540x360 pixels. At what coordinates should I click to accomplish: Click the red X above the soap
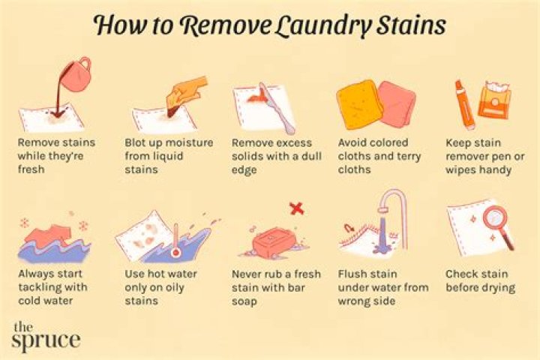tap(296, 208)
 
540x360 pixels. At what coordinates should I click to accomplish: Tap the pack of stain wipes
tap(493, 100)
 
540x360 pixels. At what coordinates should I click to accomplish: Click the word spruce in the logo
tap(46, 340)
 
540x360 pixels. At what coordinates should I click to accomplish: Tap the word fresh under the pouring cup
tap(31, 169)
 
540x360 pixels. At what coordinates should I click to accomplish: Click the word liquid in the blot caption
tap(164, 157)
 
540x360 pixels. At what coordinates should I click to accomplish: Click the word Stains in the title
tap(412, 25)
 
